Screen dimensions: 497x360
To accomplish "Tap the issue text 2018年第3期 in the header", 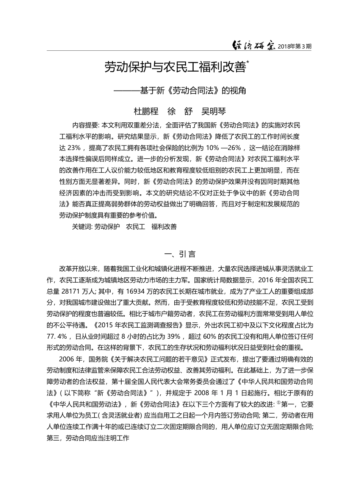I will (294, 47).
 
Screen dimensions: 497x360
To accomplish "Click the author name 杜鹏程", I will (146, 111).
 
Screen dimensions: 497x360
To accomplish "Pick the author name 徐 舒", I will (180, 111).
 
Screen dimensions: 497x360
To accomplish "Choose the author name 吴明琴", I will (213, 111).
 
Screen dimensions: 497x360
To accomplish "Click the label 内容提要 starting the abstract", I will (85, 125).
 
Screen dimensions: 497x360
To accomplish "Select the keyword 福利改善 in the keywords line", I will (164, 227).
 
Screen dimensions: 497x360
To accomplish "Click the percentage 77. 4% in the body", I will (57, 336).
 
